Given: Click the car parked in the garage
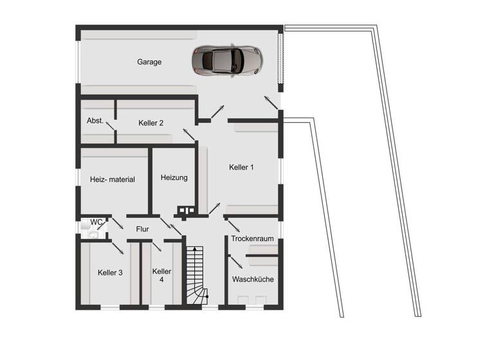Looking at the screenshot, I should (226, 60).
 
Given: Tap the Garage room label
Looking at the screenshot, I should (149, 62).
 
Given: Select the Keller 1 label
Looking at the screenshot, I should (241, 167).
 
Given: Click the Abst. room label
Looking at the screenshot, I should (95, 121).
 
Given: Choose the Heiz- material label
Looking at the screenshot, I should (113, 179).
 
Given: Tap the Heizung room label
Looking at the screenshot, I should (174, 177).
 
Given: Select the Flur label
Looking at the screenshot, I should (142, 228).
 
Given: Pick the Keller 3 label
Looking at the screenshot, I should (111, 273).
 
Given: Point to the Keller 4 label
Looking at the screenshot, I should (162, 275).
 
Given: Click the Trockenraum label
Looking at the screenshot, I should (253, 239).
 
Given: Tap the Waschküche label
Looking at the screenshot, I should (253, 280).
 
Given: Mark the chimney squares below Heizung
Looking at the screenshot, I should (187, 210).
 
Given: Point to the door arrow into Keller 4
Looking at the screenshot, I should (156, 246).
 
